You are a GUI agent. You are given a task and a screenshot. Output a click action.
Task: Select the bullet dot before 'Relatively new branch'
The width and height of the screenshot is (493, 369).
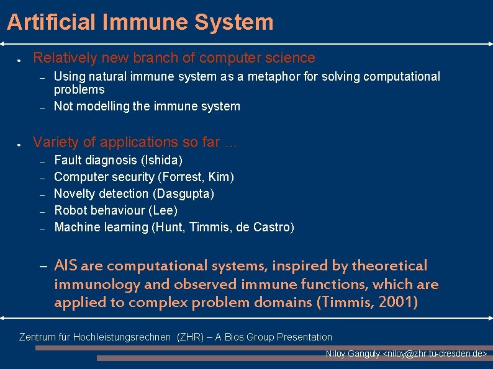point(20,61)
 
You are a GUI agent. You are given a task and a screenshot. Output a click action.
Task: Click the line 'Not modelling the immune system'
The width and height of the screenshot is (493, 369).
point(147,106)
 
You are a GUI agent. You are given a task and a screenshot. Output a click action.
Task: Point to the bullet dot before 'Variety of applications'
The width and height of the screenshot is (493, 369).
point(20,144)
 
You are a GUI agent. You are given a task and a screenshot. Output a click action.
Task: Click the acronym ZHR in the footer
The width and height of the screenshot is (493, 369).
point(189,337)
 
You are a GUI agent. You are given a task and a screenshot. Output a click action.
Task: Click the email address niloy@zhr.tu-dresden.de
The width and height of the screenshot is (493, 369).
point(435,353)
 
